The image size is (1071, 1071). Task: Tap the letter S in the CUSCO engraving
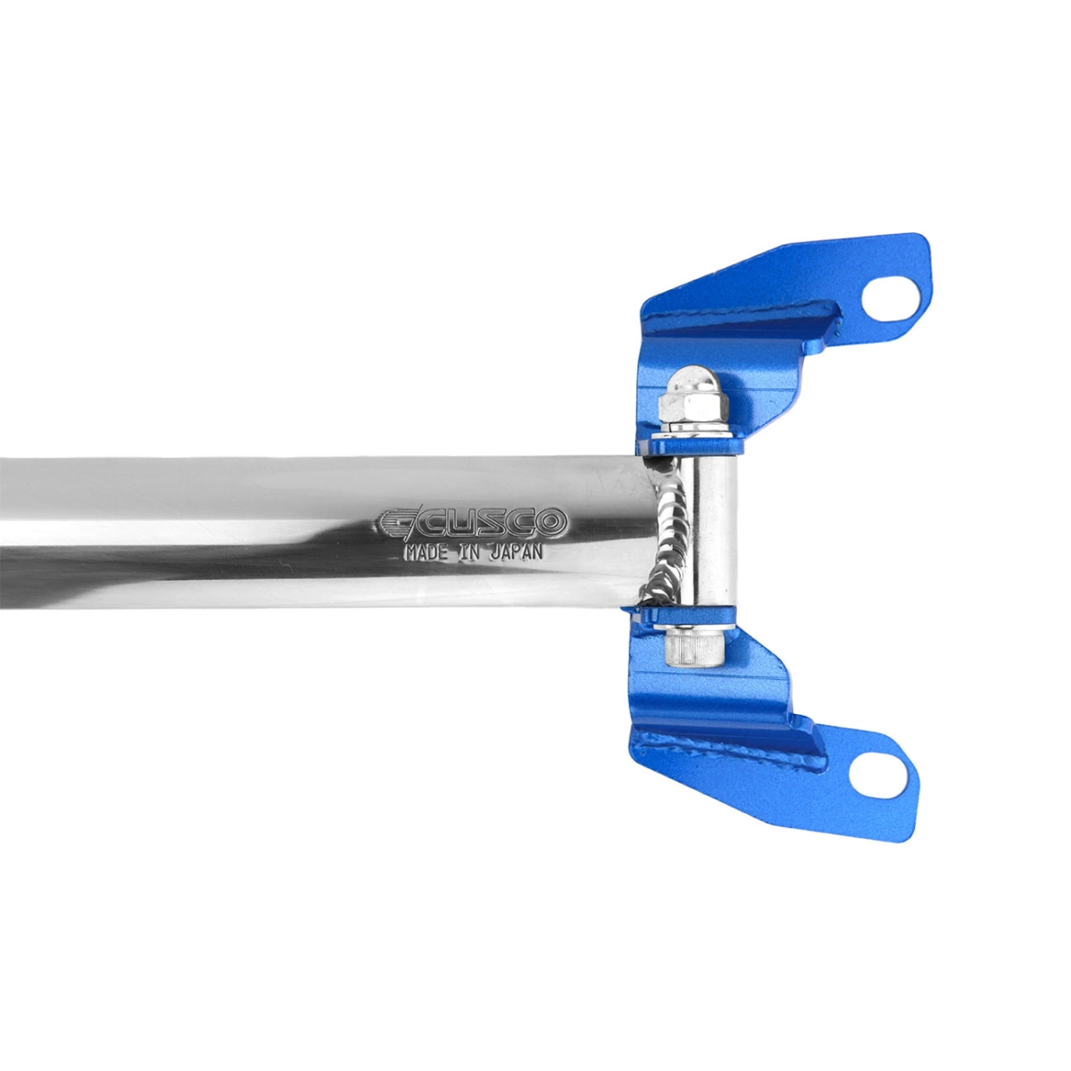(x=490, y=522)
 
